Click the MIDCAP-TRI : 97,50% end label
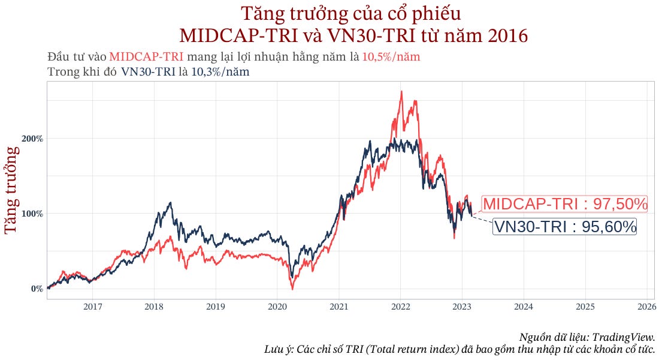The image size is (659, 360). tap(565, 204)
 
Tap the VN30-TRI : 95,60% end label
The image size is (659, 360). tap(564, 227)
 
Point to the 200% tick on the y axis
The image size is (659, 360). tap(33, 139)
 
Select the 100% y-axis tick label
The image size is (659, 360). tap(33, 214)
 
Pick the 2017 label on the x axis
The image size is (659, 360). tap(92, 307)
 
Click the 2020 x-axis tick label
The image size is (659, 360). tap(277, 307)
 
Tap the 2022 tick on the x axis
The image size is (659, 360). tap(400, 307)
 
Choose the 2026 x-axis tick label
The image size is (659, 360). tap(646, 307)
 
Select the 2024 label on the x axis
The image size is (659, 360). tap(523, 307)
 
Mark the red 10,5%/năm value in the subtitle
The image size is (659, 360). tap(391, 57)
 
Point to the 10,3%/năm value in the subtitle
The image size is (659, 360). tap(220, 71)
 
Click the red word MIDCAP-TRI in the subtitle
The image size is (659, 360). tap(147, 57)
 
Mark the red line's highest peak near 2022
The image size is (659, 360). tap(401, 92)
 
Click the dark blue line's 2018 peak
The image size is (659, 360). tap(171, 203)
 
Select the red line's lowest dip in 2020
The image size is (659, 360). tap(292, 289)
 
